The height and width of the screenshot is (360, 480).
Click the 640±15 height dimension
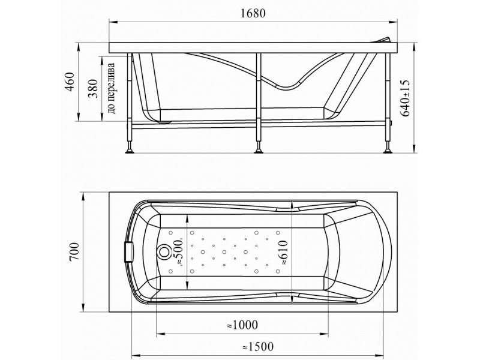coord(406,97)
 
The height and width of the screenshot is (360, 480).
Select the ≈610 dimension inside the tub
coord(285,252)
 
